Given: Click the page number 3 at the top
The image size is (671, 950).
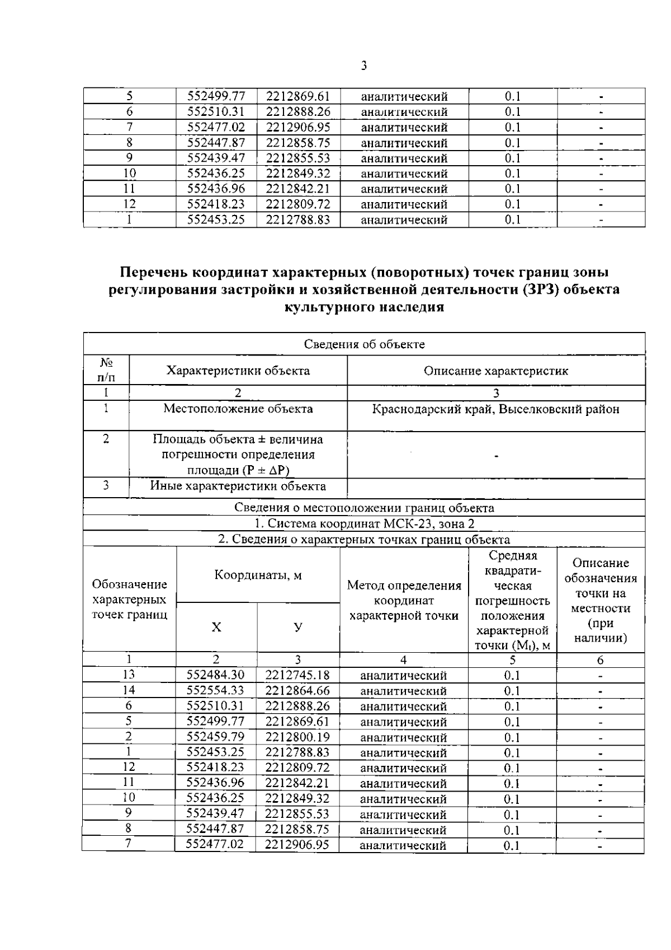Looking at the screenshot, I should (x=363, y=66).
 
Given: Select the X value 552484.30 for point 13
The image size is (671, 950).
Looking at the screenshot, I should (x=215, y=675).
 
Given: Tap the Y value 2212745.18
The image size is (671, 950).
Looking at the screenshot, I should (x=297, y=675).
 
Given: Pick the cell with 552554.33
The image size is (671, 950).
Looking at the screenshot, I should (x=215, y=691).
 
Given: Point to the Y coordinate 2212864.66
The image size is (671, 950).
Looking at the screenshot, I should (x=297, y=691).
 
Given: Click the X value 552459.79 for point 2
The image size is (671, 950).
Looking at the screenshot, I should (x=215, y=737).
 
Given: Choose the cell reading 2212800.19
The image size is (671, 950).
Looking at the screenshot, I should (x=297, y=737).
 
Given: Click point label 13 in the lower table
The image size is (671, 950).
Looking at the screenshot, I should (x=129, y=675).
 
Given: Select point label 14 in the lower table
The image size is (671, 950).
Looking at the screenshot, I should (x=129, y=691).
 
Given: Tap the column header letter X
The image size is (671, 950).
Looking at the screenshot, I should (x=216, y=628).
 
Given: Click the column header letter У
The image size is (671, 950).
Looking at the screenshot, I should (x=298, y=628).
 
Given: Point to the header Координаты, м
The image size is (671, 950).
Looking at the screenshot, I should (x=258, y=575).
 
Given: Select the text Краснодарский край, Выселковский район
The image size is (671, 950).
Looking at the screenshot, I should (x=495, y=409).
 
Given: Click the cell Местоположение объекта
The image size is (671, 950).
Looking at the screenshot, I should (x=238, y=409).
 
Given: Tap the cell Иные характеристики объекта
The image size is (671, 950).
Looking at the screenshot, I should (x=238, y=486).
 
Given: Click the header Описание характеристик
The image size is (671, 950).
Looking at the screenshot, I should (x=495, y=371).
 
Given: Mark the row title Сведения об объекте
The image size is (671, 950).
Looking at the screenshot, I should (x=364, y=344).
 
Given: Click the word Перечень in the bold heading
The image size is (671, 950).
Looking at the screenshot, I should (x=153, y=273).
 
